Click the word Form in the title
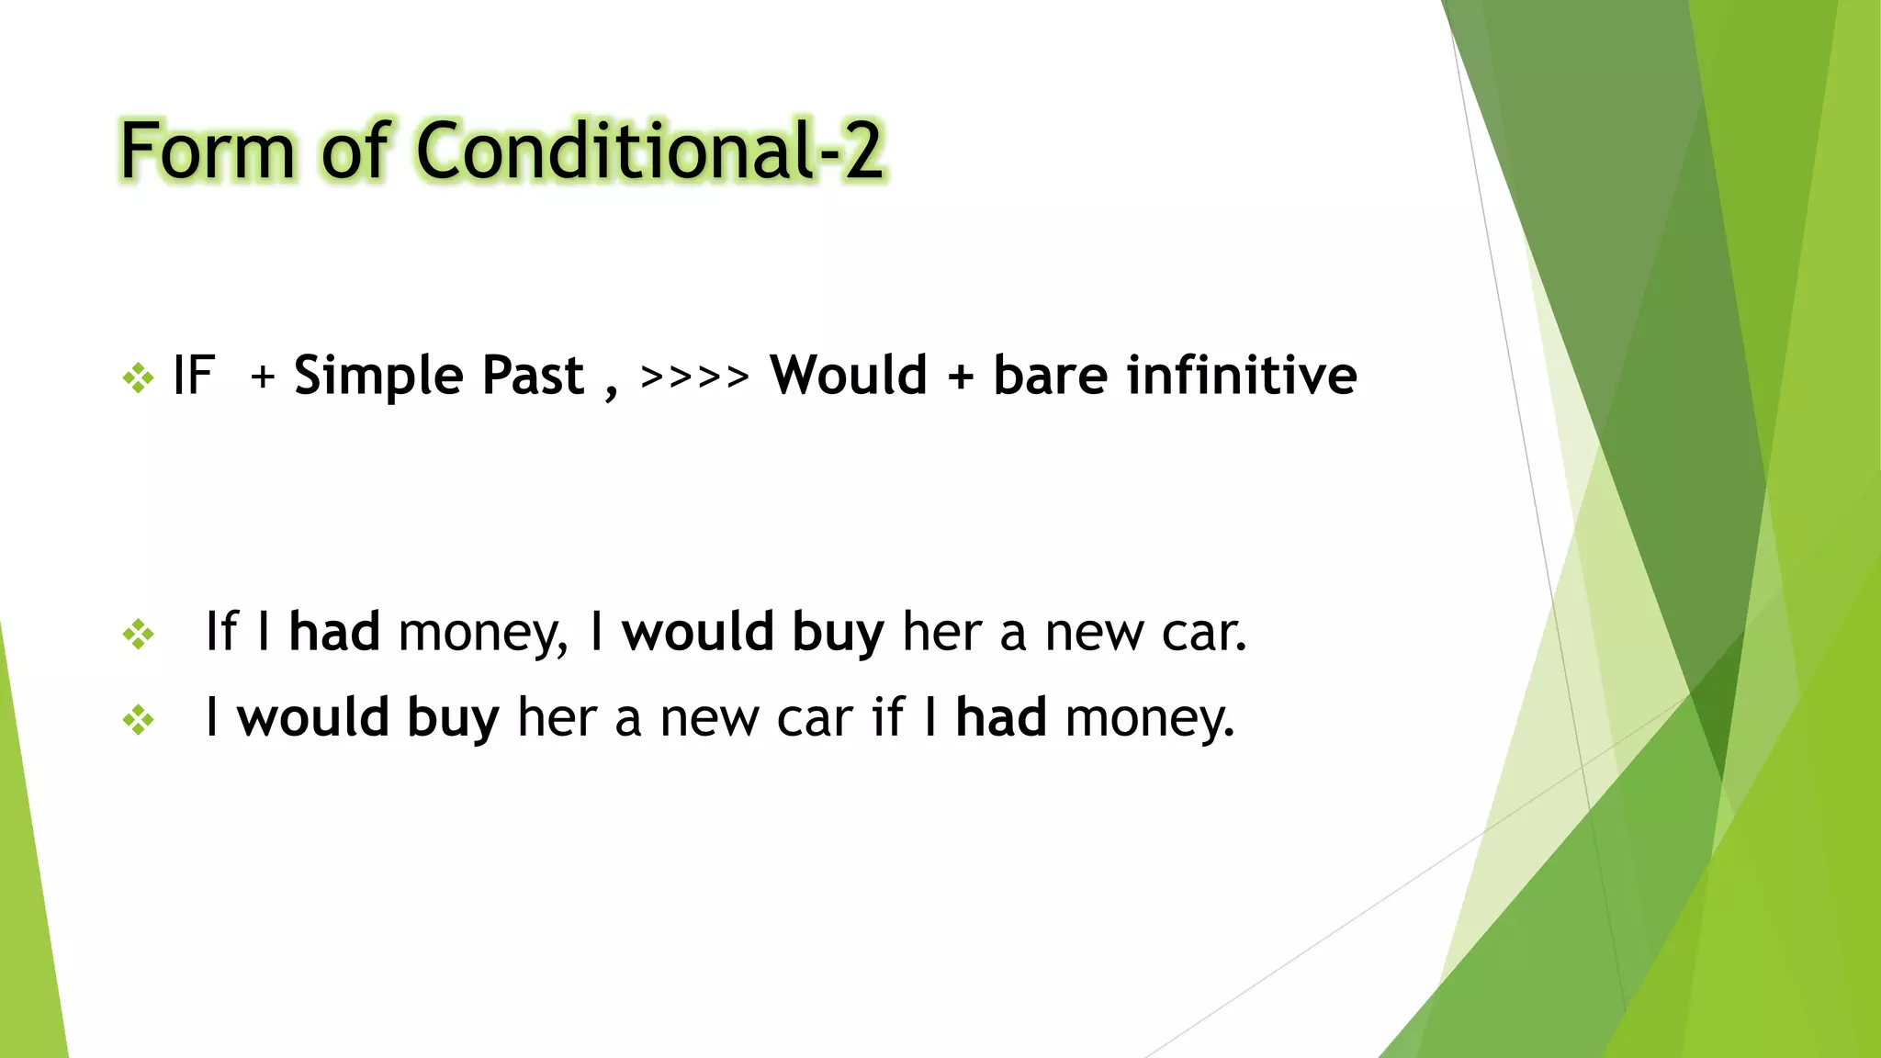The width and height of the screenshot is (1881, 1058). tap(208, 152)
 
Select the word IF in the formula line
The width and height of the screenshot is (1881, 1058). tap(194, 376)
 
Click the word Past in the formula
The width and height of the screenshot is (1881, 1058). tap(533, 376)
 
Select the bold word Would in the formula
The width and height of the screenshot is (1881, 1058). tap(849, 376)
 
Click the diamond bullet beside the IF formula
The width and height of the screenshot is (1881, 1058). tap(139, 377)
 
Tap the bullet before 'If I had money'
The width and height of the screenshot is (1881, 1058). tap(139, 634)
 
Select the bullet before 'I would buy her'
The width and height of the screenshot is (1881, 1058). tap(139, 719)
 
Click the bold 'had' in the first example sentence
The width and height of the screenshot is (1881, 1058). tap(334, 632)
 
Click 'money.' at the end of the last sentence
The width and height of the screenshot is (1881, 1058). tap(1150, 719)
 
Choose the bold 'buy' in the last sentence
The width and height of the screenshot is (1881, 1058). tap(453, 719)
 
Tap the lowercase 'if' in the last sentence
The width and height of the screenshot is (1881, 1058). tap(888, 717)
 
